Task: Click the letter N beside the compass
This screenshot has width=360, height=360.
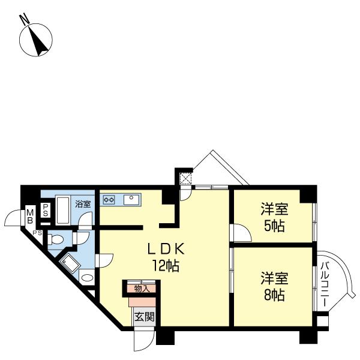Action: (25, 19)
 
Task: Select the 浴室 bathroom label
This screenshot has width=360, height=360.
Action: (83, 204)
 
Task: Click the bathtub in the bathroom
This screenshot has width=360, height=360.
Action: (62, 210)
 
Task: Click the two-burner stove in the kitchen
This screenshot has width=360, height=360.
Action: (109, 200)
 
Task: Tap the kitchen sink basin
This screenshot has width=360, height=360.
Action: (131, 200)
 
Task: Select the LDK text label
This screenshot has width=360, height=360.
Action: (166, 249)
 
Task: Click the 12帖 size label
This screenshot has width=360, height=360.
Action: (166, 266)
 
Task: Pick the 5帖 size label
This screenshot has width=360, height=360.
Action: (274, 226)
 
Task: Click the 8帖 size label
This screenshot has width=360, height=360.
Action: (274, 295)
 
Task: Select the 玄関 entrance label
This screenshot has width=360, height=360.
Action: (144, 317)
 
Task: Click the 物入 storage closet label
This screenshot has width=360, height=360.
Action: (142, 289)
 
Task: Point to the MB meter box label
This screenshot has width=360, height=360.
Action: (30, 217)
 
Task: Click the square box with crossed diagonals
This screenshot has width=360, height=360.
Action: (186, 178)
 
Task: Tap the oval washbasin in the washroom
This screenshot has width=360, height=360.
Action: (87, 278)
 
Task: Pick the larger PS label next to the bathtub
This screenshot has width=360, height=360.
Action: (45, 210)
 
